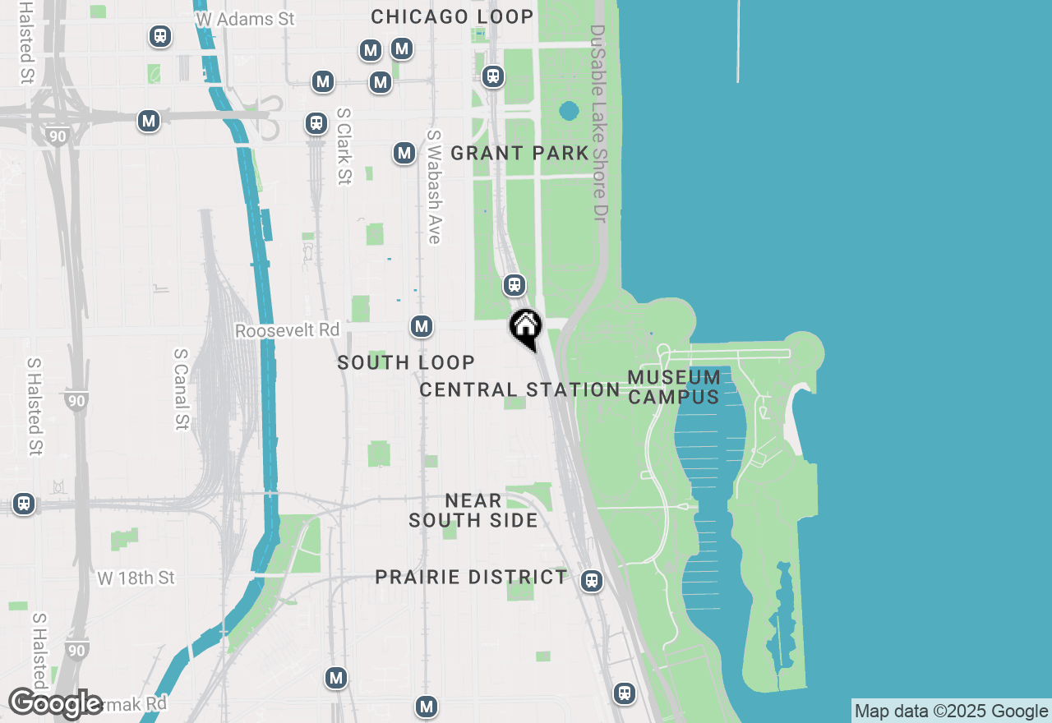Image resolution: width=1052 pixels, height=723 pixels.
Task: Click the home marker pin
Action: (x=525, y=328)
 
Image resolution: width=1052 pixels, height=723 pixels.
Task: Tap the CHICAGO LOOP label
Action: (x=452, y=16)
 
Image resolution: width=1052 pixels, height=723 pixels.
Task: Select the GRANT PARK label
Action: (x=519, y=153)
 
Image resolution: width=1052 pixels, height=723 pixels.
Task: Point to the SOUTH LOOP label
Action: (x=406, y=362)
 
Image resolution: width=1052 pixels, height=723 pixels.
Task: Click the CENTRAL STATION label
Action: (x=519, y=389)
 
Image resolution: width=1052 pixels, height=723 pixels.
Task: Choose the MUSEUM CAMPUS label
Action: (x=674, y=387)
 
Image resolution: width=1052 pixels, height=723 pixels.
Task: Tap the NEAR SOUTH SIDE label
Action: (x=473, y=510)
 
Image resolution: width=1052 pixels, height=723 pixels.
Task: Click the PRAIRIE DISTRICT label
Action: (x=471, y=577)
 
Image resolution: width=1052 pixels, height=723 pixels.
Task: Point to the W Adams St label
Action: (x=244, y=18)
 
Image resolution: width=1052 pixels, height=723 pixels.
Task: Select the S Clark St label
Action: (x=344, y=146)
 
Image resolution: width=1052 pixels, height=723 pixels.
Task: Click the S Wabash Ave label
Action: (x=434, y=187)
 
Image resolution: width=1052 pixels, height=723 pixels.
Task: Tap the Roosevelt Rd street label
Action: (x=287, y=330)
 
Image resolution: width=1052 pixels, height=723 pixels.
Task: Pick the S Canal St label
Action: (x=181, y=389)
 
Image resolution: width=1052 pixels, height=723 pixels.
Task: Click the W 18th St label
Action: (x=136, y=578)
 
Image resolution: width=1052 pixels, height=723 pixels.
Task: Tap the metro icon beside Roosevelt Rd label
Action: (x=422, y=326)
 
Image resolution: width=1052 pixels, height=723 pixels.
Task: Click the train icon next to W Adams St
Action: (x=159, y=36)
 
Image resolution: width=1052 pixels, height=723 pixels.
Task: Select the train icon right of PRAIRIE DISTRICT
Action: (x=591, y=581)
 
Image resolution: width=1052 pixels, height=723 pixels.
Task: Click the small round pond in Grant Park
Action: (x=569, y=110)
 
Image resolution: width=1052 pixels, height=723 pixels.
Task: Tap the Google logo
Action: (x=55, y=703)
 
